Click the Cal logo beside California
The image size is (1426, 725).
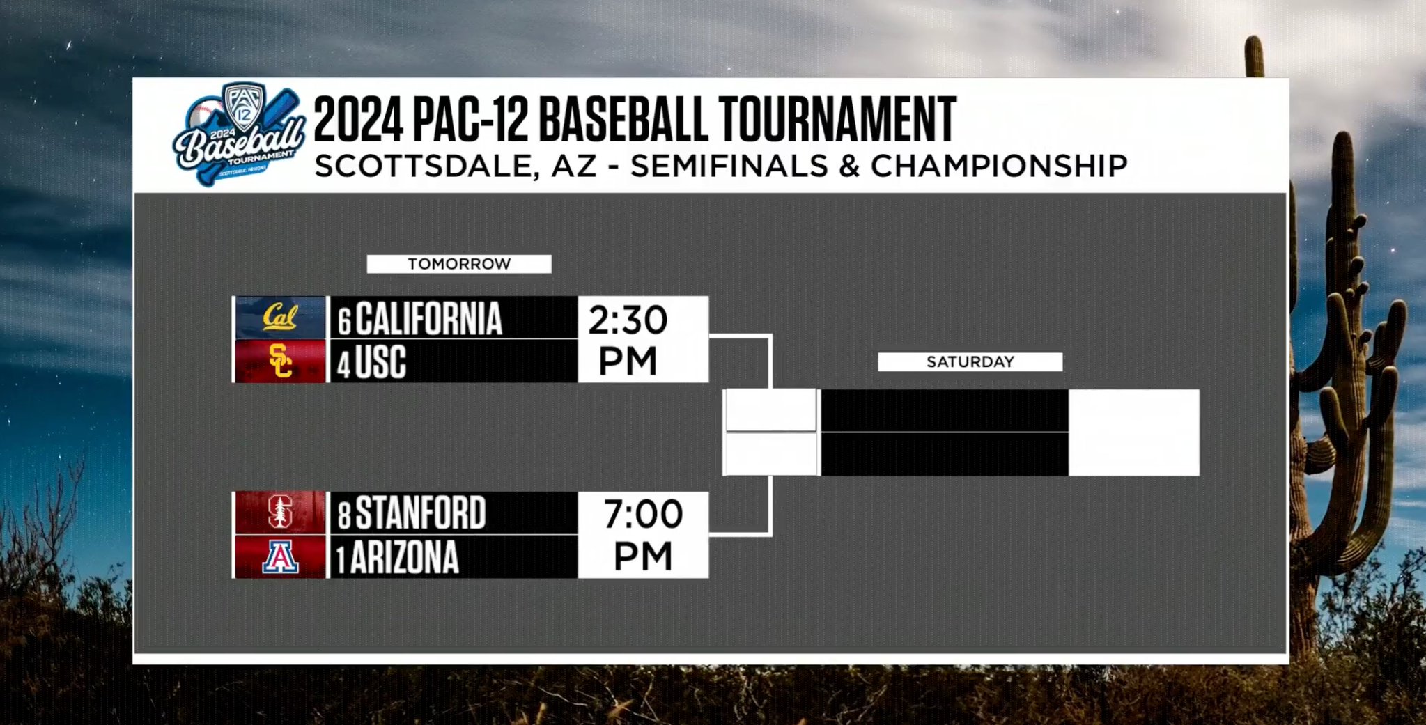click(280, 318)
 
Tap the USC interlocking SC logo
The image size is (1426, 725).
click(280, 361)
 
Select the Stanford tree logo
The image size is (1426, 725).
click(279, 513)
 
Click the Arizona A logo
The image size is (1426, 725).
click(280, 557)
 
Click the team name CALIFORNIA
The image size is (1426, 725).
click(428, 319)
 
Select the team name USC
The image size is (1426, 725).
click(380, 362)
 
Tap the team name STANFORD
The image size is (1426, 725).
click(421, 513)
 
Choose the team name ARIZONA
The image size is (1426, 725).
click(405, 557)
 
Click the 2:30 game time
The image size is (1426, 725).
click(628, 340)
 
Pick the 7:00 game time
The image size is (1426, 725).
click(643, 535)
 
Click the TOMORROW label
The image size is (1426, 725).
click(459, 264)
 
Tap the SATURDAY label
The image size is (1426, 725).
click(970, 361)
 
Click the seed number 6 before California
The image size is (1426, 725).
click(345, 322)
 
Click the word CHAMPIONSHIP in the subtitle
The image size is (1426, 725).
click(999, 166)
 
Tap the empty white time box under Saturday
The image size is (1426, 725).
click(1134, 432)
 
